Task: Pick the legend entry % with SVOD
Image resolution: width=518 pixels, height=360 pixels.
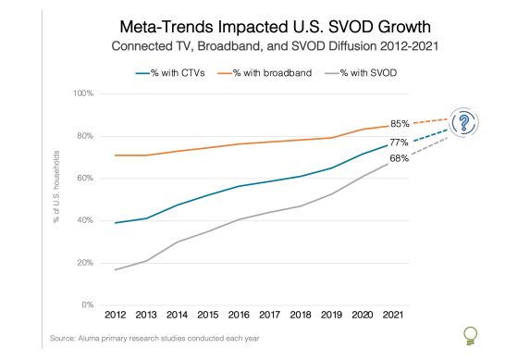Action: tap(364, 70)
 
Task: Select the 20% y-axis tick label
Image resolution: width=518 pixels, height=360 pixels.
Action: tap(85, 263)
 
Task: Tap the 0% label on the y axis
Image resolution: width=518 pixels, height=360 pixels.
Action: tap(88, 304)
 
